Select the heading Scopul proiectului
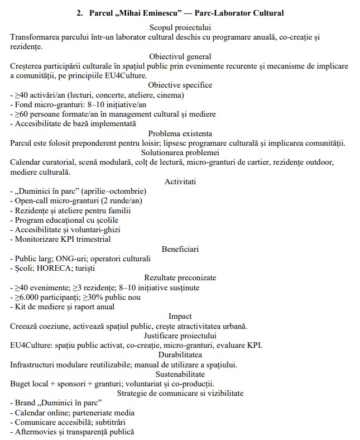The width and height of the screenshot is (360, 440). coord(180,27)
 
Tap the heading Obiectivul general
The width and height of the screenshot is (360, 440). coord(180,56)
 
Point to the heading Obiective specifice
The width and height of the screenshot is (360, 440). coord(180,85)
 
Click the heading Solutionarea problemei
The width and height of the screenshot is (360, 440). coord(180,152)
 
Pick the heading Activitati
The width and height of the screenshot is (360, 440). coord(180,181)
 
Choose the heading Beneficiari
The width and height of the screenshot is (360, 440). coord(180,248)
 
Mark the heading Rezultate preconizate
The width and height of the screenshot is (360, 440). coord(180,278)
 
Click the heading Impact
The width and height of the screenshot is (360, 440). coord(180,316)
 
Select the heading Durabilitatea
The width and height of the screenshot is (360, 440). coord(180,355)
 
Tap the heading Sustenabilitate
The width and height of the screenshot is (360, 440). coord(180,374)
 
